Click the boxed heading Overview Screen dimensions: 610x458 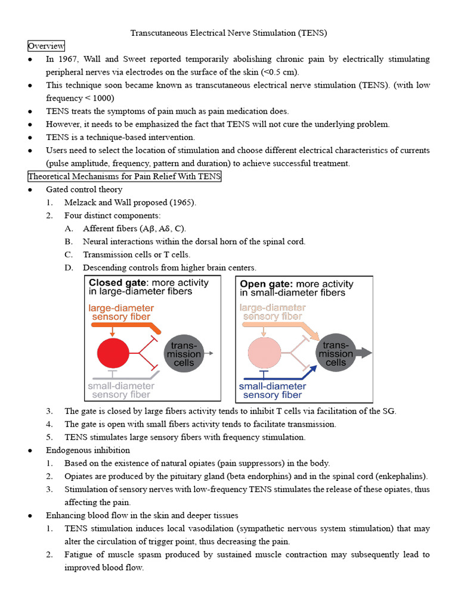tap(46, 46)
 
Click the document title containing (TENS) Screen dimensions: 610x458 tap(229, 33)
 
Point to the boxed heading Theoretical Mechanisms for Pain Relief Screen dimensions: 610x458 tap(124, 176)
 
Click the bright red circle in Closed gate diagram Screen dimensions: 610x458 tap(112, 353)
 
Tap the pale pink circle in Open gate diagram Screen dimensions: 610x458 tap(264, 353)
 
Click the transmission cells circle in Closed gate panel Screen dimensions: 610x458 tap(183, 354)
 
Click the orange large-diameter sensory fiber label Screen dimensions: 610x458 tap(121, 313)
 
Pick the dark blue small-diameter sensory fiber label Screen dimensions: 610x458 tap(273, 390)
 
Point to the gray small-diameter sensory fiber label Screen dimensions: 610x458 tap(119, 390)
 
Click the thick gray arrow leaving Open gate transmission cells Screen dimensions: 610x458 tap(364, 353)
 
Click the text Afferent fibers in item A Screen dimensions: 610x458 tap(110, 229)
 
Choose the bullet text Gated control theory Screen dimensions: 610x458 tap(84, 189)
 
